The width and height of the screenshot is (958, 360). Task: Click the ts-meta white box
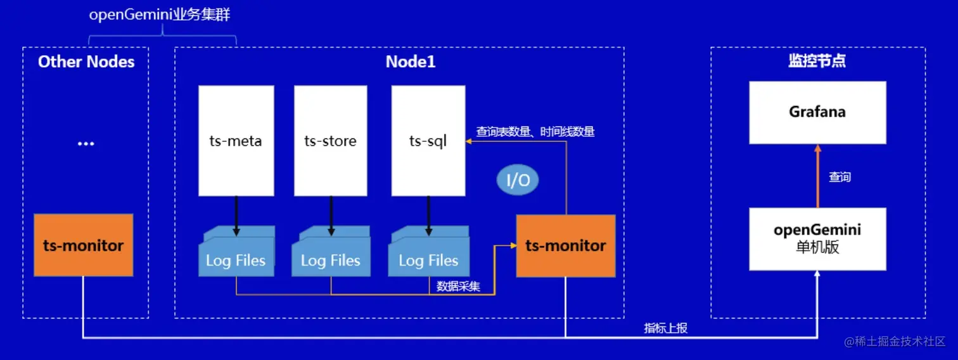(x=236, y=141)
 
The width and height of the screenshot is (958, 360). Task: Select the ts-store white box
(x=330, y=141)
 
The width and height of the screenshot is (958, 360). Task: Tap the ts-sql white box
(x=428, y=141)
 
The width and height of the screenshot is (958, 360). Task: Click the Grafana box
(x=817, y=112)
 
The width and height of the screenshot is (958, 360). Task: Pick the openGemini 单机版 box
(x=817, y=238)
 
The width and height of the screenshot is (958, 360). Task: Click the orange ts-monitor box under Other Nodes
(x=83, y=245)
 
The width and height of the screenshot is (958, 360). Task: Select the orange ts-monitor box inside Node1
(x=565, y=246)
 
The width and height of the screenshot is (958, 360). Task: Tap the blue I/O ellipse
(x=518, y=181)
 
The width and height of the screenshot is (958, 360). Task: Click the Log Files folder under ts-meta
(x=236, y=256)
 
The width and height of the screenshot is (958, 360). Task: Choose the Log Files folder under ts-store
(x=330, y=256)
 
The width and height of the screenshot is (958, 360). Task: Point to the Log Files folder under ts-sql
(x=428, y=256)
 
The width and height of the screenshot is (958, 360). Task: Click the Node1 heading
(x=411, y=62)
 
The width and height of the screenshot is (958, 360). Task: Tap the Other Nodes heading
(x=86, y=62)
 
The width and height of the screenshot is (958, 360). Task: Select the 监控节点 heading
(x=817, y=61)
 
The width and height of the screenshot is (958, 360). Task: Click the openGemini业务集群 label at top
(x=160, y=15)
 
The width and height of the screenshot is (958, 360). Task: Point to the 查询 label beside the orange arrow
(x=840, y=177)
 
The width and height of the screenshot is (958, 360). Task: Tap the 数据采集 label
(x=458, y=286)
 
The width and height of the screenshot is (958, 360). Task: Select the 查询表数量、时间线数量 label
(x=535, y=132)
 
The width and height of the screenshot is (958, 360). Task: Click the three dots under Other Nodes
(x=86, y=144)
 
